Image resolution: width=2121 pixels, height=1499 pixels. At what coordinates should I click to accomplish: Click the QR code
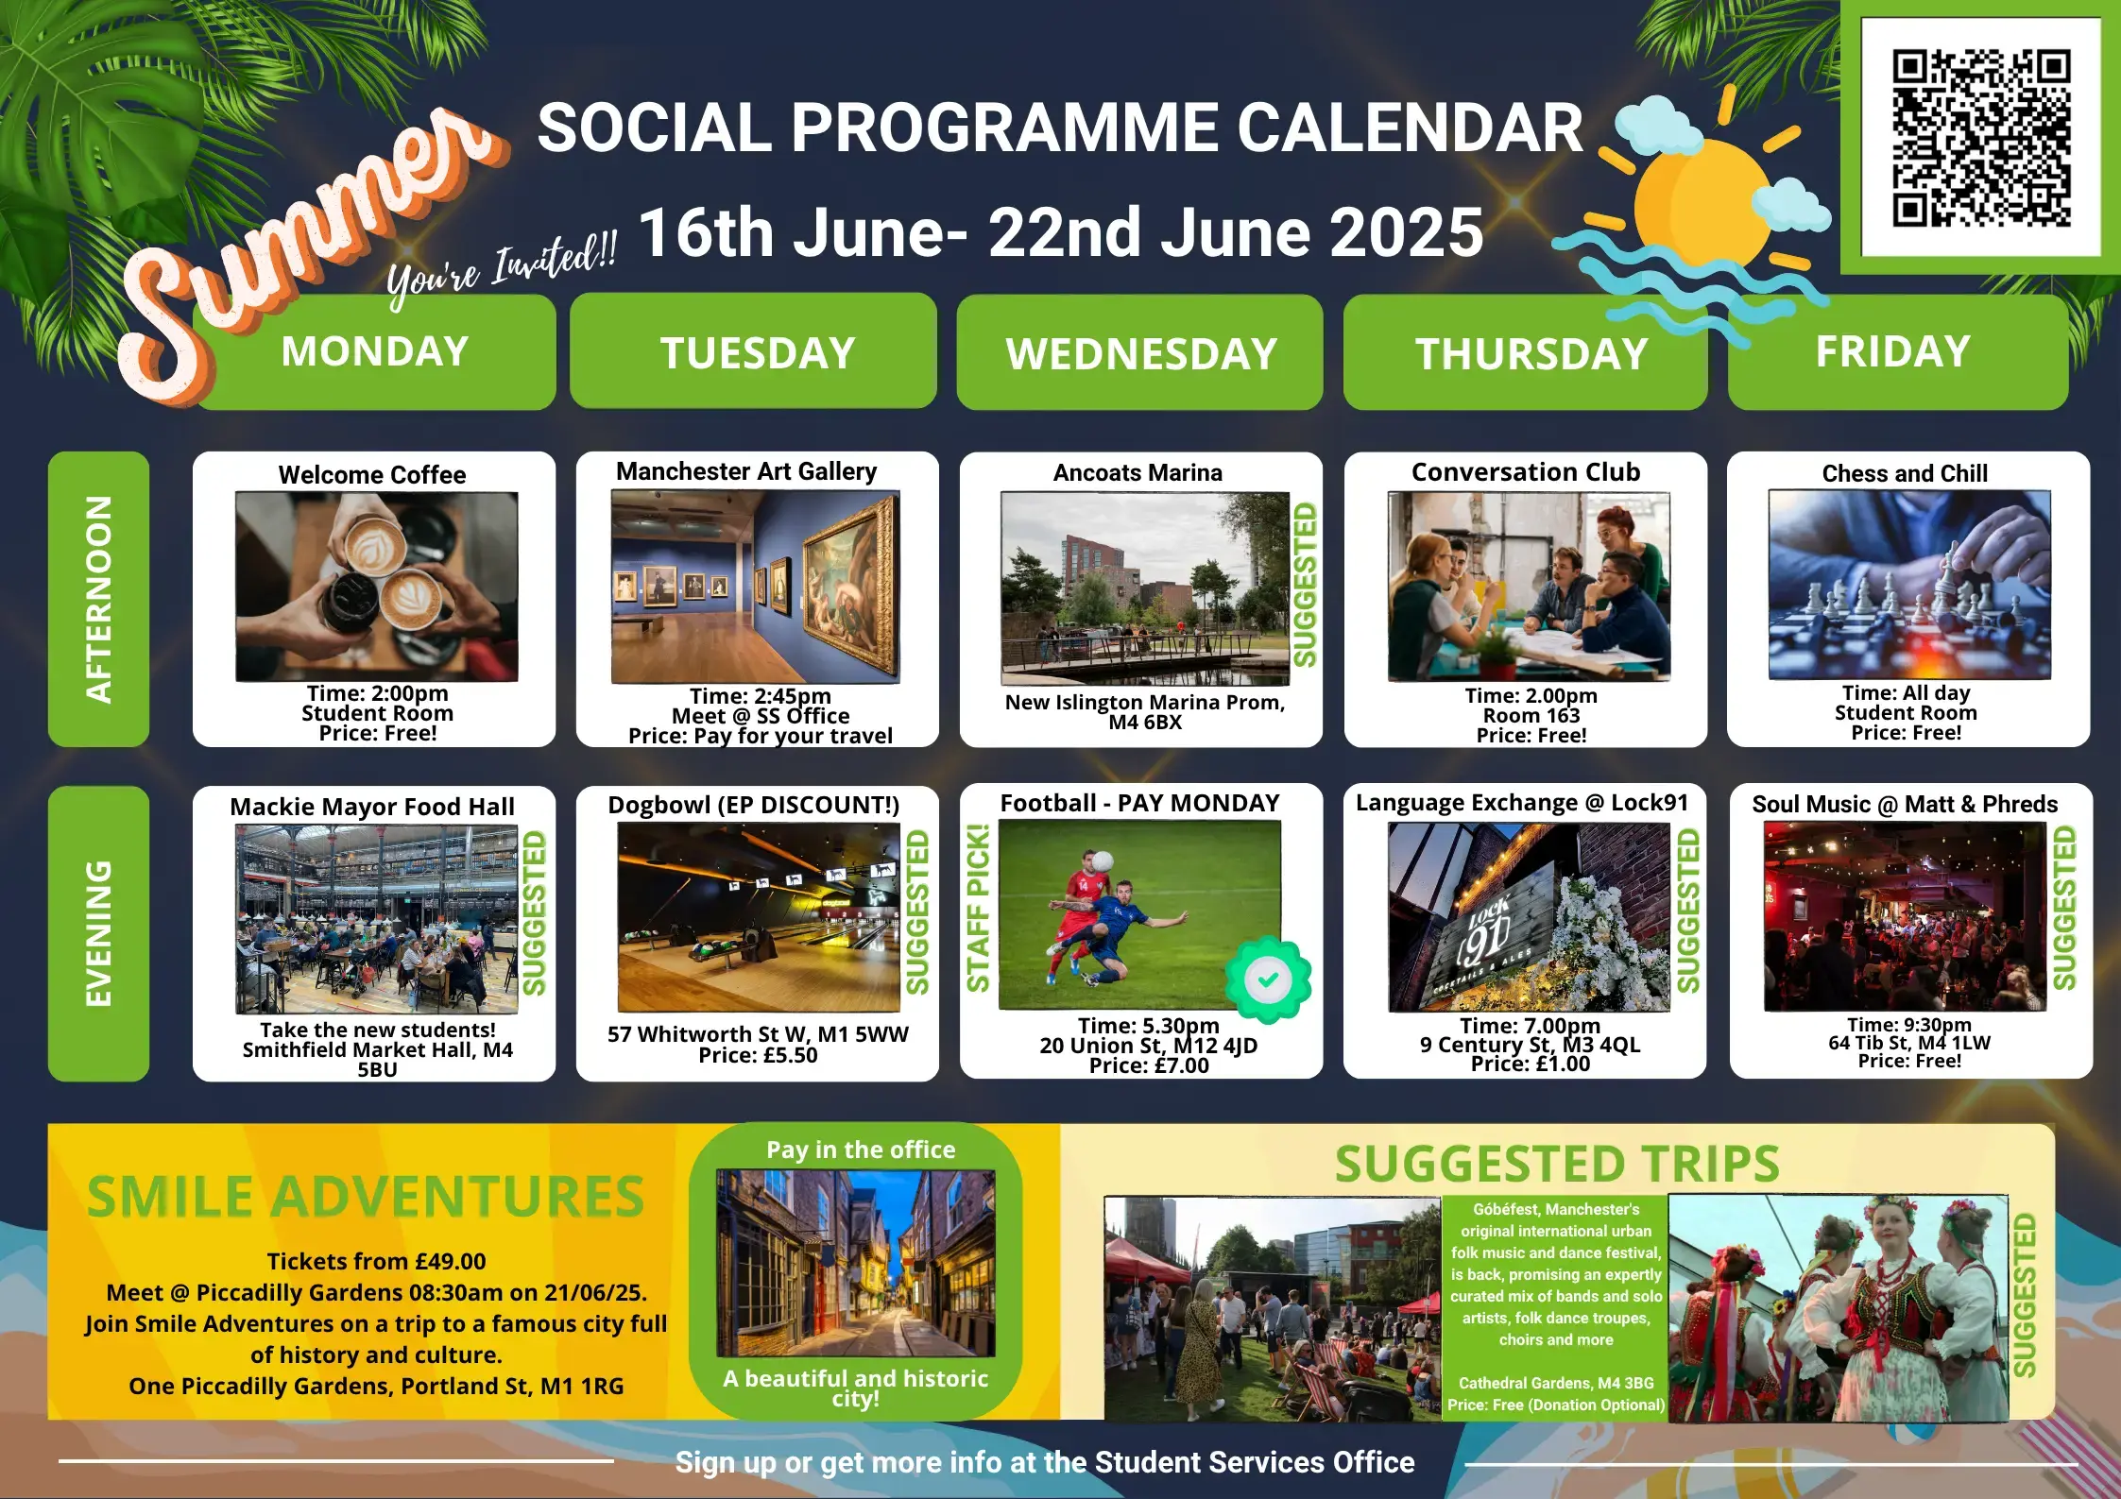click(x=1981, y=138)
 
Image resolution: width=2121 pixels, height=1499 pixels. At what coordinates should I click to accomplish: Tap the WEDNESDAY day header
click(x=1140, y=353)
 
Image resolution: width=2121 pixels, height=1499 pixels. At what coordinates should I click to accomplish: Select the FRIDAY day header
click(x=1897, y=351)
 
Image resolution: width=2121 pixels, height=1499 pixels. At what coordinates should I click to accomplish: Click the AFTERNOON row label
click(x=98, y=599)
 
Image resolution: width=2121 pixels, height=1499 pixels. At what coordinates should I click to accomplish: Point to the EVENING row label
click(x=98, y=933)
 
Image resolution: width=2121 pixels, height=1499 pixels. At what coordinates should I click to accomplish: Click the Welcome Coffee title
click(x=372, y=474)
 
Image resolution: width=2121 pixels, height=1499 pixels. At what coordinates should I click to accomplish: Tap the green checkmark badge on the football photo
click(x=1268, y=979)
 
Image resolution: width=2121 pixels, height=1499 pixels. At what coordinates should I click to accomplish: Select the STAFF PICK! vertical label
click(x=978, y=908)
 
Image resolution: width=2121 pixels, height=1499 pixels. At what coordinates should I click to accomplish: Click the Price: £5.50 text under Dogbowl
click(x=758, y=1055)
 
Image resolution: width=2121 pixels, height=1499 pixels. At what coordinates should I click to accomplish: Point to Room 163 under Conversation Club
click(x=1531, y=715)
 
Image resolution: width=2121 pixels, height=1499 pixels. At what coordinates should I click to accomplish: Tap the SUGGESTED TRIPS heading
click(x=1557, y=1164)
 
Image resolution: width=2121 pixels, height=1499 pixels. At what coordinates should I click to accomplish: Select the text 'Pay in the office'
click(x=861, y=1150)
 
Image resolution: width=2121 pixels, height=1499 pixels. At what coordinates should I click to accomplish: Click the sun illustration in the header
click(x=1701, y=201)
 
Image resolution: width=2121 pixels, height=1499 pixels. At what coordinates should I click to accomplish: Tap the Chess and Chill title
click(x=1905, y=473)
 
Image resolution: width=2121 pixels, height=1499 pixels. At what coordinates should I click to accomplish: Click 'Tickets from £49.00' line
click(x=376, y=1261)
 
